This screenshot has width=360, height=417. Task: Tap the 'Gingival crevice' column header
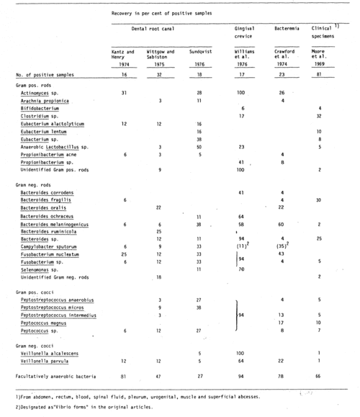246,32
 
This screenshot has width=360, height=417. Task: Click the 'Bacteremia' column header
288,28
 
